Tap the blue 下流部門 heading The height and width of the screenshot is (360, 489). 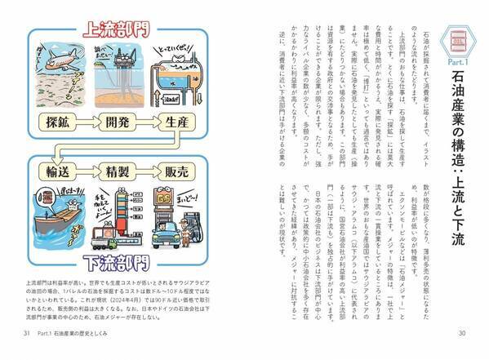pyautogui.click(x=120, y=263)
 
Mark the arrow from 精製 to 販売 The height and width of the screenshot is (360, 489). pyautogui.click(x=151, y=175)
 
